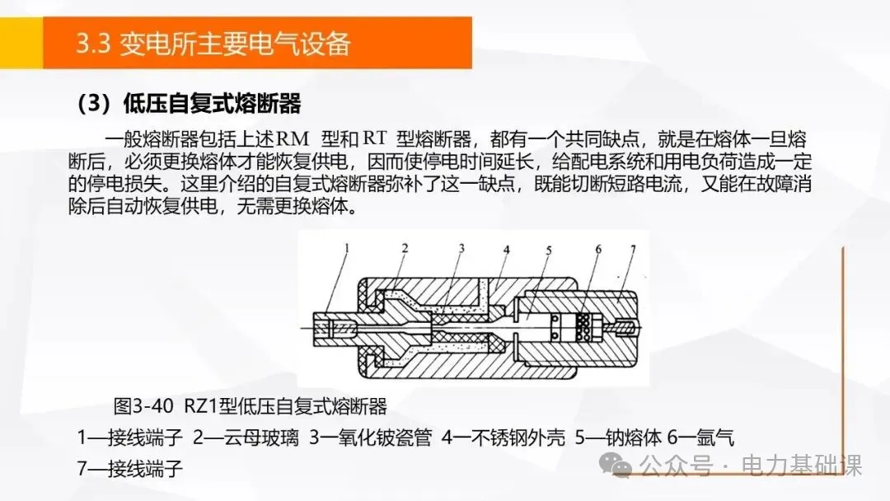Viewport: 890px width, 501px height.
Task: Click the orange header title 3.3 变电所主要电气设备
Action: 213,44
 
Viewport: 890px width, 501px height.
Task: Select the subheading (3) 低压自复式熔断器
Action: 189,103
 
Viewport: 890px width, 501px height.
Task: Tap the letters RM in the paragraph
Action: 293,138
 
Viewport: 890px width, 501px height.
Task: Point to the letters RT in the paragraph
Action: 375,138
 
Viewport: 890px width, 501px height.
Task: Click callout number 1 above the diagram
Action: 347,248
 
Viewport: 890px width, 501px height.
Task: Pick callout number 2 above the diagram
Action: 405,248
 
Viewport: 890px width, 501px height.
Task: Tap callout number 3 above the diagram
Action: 461,248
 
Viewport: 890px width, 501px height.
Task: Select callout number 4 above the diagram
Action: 506,249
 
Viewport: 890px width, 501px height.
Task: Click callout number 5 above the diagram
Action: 549,250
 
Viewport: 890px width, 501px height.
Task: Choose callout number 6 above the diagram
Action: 598,249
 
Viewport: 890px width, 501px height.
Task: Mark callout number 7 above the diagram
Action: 634,249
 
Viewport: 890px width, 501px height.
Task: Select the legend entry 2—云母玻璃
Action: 246,438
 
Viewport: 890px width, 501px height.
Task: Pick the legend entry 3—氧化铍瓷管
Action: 371,438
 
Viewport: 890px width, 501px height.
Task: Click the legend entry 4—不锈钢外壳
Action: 504,438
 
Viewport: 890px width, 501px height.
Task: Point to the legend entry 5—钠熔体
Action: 618,438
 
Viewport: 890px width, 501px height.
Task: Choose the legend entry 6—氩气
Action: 700,438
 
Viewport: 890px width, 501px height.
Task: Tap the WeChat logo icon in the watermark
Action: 616,466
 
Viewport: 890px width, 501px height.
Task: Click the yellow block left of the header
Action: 21,43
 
